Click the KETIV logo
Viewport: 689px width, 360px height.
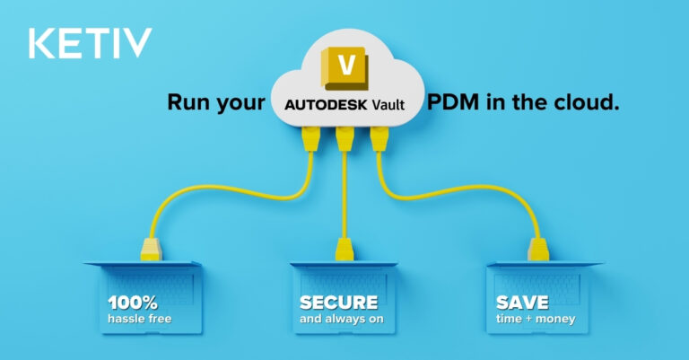pos(90,42)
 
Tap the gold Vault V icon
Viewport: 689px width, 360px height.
pos(344,68)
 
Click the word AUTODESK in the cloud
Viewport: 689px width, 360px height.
pos(326,105)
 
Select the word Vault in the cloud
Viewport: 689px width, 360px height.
pos(388,105)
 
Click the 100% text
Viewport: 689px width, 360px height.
pos(133,303)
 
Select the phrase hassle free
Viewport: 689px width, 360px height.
pos(140,319)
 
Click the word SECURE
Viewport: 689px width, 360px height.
pos(338,303)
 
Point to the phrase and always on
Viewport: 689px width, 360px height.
pos(342,319)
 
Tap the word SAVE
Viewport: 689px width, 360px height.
pos(522,303)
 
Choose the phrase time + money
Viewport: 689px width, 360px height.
pos(536,319)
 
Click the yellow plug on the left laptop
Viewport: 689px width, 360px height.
pos(151,250)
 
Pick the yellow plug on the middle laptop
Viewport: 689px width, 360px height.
pos(344,250)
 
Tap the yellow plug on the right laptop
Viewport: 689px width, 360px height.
pos(538,250)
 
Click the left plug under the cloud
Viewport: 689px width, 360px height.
pos(310,139)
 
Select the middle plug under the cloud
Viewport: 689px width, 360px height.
pos(344,139)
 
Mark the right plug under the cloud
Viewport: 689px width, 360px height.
pos(379,139)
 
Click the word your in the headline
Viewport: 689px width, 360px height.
pos(236,104)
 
